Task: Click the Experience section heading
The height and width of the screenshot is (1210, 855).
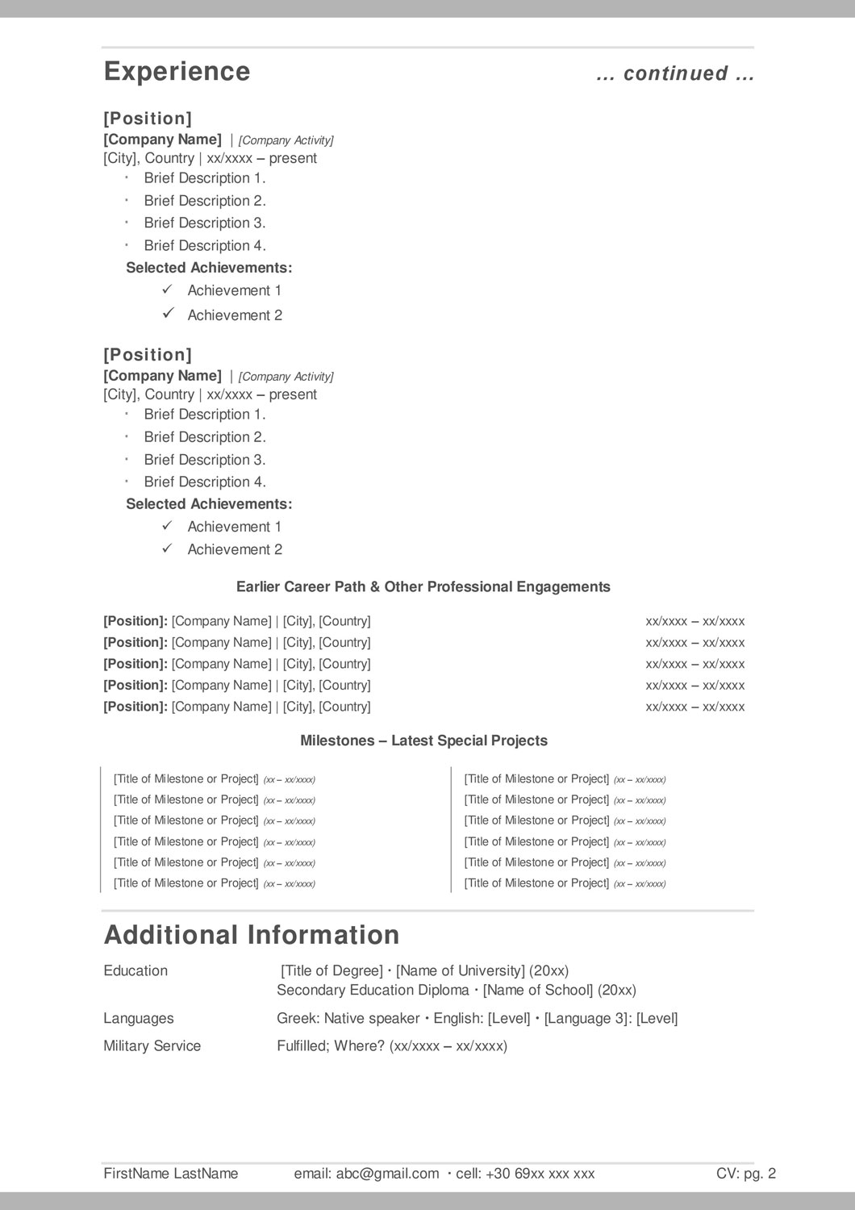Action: click(x=177, y=72)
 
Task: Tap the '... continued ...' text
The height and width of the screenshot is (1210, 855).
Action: click(x=675, y=73)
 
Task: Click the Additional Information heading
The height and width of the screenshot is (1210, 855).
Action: click(x=252, y=935)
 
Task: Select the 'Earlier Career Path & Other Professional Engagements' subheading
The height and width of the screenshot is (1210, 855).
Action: click(x=423, y=587)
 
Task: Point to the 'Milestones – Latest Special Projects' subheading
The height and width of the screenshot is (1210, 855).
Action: click(x=423, y=741)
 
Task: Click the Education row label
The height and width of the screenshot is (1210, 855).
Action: click(x=136, y=971)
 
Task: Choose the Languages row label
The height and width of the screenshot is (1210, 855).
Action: click(x=138, y=1019)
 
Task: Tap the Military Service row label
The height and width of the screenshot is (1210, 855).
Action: click(x=152, y=1046)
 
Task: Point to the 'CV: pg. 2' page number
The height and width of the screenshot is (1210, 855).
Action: click(x=745, y=1174)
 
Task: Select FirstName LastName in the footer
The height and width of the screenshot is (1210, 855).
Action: click(x=171, y=1174)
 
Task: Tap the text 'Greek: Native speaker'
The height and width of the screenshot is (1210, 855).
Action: click(x=348, y=1019)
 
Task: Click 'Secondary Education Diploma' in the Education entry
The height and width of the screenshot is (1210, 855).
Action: click(x=373, y=991)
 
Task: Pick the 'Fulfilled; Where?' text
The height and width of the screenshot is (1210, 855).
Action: click(x=331, y=1046)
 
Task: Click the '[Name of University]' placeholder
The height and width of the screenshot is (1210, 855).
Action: click(x=461, y=971)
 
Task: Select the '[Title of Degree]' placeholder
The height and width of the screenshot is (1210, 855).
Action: click(x=332, y=971)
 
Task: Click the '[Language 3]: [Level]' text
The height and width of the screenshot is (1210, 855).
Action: click(x=611, y=1019)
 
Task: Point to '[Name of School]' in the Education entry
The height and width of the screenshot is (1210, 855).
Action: click(x=537, y=991)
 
